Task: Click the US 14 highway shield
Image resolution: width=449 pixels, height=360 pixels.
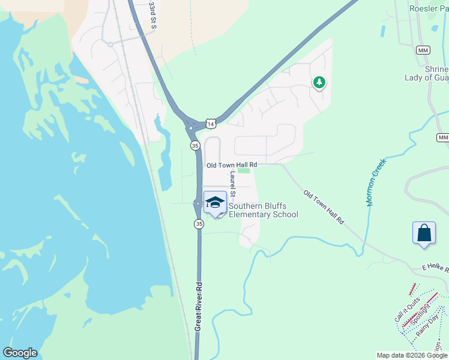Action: (209, 124)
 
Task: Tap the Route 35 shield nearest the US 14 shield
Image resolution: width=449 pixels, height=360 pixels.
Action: (195, 146)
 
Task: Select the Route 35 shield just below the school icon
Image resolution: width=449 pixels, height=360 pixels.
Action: (199, 224)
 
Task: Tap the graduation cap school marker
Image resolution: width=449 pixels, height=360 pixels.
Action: (215, 203)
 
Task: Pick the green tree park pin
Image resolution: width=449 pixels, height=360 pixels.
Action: (319, 83)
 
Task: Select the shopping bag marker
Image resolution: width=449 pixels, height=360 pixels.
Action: (424, 233)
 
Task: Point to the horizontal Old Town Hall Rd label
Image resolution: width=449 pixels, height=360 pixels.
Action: (232, 165)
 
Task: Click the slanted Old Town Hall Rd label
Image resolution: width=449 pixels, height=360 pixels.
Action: (324, 208)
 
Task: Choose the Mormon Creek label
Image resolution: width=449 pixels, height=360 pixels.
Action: (377, 182)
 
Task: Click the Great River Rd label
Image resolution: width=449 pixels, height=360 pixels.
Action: (197, 307)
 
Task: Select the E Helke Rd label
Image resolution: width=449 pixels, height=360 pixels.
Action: (435, 269)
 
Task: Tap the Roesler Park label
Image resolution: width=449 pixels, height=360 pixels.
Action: (428, 8)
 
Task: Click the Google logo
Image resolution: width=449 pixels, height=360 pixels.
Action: (20, 353)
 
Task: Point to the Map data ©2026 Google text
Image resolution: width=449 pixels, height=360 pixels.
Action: (412, 355)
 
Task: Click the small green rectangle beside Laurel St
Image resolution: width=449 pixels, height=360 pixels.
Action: (243, 170)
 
